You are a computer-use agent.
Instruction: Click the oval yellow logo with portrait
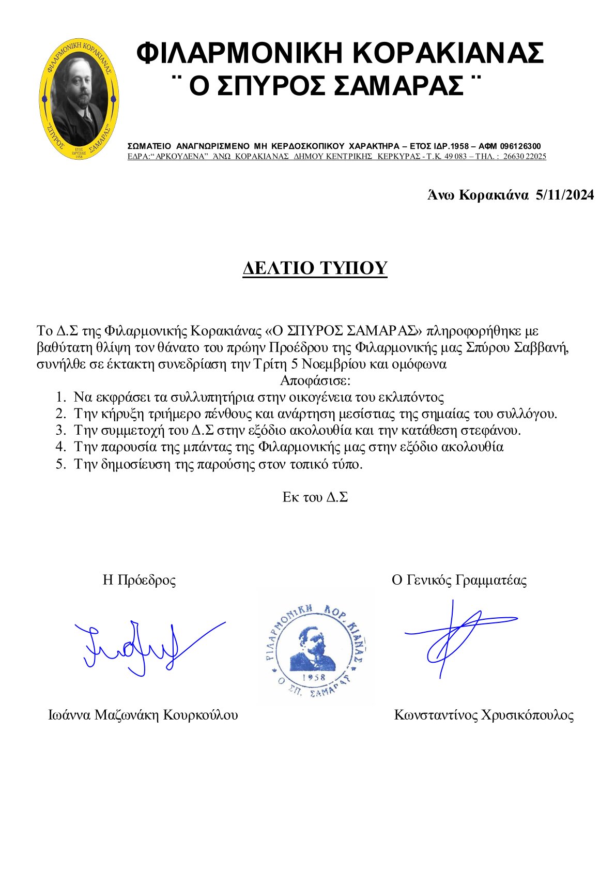tap(79, 98)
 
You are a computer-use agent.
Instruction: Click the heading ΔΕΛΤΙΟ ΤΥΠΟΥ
tap(315, 268)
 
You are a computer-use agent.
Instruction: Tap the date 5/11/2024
tap(565, 195)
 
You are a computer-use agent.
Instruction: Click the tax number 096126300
tap(520, 146)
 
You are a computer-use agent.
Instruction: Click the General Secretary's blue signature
tap(457, 636)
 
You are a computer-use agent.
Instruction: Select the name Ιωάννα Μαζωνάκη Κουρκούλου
tap(143, 715)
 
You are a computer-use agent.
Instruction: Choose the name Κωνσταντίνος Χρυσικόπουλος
tap(484, 715)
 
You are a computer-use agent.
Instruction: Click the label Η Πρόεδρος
tap(139, 580)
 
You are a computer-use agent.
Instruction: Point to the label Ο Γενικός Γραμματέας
tap(459, 580)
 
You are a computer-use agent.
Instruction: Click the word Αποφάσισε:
tap(315, 381)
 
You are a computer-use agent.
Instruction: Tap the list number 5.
tap(61, 464)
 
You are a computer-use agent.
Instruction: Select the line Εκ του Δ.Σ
tap(315, 497)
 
